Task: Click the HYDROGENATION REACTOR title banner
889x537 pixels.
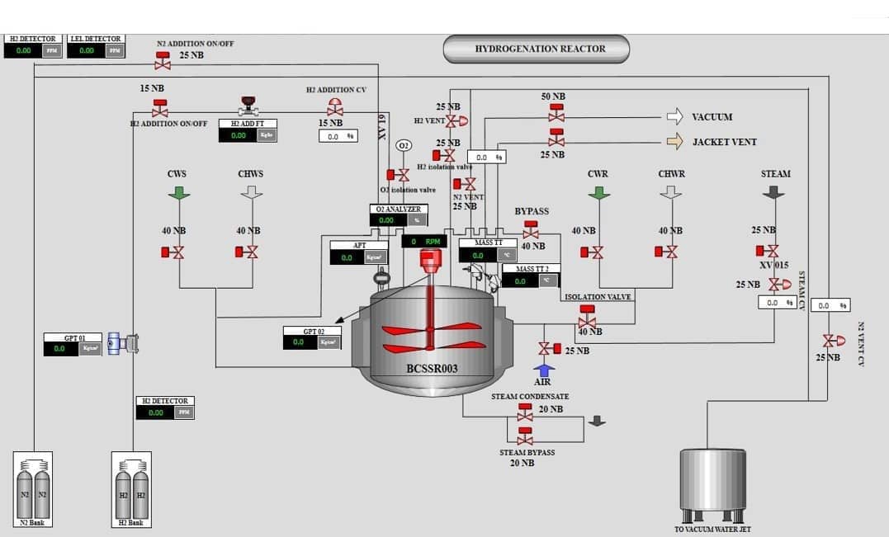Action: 536,49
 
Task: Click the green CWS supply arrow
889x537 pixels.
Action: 179,192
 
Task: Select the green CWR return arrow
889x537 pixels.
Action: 599,192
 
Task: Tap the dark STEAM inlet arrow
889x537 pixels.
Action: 773,191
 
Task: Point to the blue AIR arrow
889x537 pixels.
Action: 544,370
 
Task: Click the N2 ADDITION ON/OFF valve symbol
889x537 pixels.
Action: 163,60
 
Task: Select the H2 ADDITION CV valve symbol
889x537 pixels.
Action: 335,107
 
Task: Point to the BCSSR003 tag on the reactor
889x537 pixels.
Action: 432,369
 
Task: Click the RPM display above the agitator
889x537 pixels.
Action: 424,241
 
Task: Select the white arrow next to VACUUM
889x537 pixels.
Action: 674,117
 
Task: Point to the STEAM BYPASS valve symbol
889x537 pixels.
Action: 525,436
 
